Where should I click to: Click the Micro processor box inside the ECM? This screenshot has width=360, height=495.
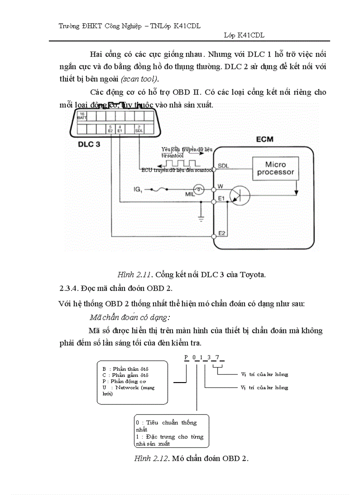[275, 168]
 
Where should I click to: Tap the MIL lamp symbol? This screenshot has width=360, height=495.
[199, 189]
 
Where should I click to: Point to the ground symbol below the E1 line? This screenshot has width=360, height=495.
[202, 218]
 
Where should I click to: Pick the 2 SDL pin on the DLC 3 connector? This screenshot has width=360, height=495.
[139, 129]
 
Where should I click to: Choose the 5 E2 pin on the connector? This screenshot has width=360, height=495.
[111, 129]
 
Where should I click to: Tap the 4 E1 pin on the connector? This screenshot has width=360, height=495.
[120, 129]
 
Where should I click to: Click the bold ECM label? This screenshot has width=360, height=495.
[265, 140]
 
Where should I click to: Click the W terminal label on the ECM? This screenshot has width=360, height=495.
[220, 187]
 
